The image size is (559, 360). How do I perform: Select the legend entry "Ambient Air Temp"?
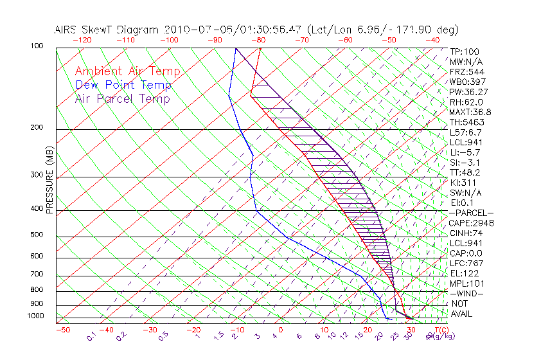coord(127,71)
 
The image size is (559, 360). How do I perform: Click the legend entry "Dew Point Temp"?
coord(123,85)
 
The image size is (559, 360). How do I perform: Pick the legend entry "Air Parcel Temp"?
coord(123,98)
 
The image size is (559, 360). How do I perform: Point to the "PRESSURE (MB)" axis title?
coord(50,182)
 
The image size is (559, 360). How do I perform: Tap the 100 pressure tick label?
coord(37,46)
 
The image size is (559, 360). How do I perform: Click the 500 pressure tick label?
coord(37,235)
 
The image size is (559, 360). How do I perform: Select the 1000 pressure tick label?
coord(36,316)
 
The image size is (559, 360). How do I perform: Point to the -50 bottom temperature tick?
coord(62,330)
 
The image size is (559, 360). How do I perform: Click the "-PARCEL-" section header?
coord(471,213)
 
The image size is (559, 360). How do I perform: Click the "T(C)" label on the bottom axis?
coord(438,330)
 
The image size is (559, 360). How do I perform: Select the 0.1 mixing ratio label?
coord(91,336)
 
